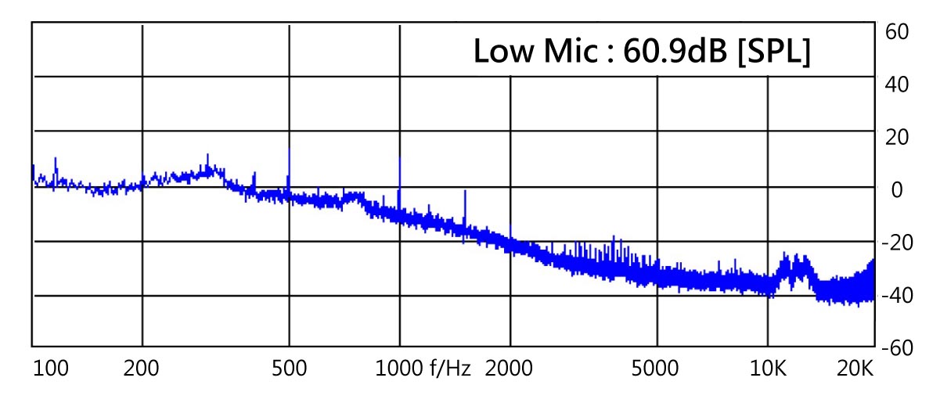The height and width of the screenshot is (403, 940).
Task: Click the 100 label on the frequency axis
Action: pyautogui.click(x=51, y=369)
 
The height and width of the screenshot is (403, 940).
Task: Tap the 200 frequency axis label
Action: pyautogui.click(x=141, y=369)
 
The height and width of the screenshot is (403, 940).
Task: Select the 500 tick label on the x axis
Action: pyautogui.click(x=289, y=369)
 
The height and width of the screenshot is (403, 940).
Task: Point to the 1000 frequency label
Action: pyautogui.click(x=399, y=369)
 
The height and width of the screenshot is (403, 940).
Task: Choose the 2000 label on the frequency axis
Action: pyautogui.click(x=510, y=369)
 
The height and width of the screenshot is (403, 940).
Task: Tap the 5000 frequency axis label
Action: pyautogui.click(x=656, y=369)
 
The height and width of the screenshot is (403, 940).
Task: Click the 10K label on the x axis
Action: pyautogui.click(x=767, y=369)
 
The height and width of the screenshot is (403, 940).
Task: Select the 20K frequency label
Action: pyautogui.click(x=854, y=369)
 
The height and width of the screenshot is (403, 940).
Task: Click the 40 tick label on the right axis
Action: pyautogui.click(x=896, y=84)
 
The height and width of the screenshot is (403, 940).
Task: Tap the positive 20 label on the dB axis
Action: pyautogui.click(x=896, y=137)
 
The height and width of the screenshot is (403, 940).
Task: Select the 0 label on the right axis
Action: pyautogui.click(x=897, y=190)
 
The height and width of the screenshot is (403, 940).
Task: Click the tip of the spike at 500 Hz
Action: pyautogui.click(x=289, y=149)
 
